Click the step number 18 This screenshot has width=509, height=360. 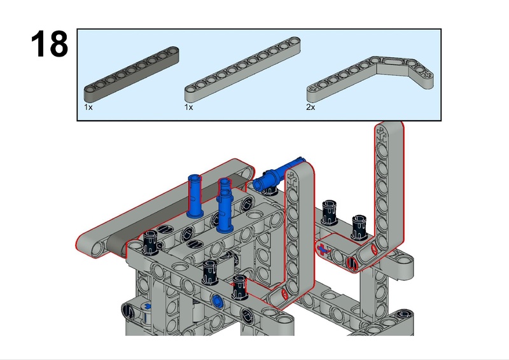pyautogui.click(x=50, y=44)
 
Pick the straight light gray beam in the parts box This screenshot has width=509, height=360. pyautogui.click(x=242, y=69)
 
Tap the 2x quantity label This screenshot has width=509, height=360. pyautogui.click(x=310, y=107)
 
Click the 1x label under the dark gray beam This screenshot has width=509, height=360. pyautogui.click(x=88, y=107)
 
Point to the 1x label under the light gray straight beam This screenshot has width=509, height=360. pyautogui.click(x=188, y=107)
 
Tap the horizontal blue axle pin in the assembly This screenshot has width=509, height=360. pyautogui.click(x=276, y=176)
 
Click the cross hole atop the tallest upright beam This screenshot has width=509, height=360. pyautogui.click(x=382, y=134)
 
